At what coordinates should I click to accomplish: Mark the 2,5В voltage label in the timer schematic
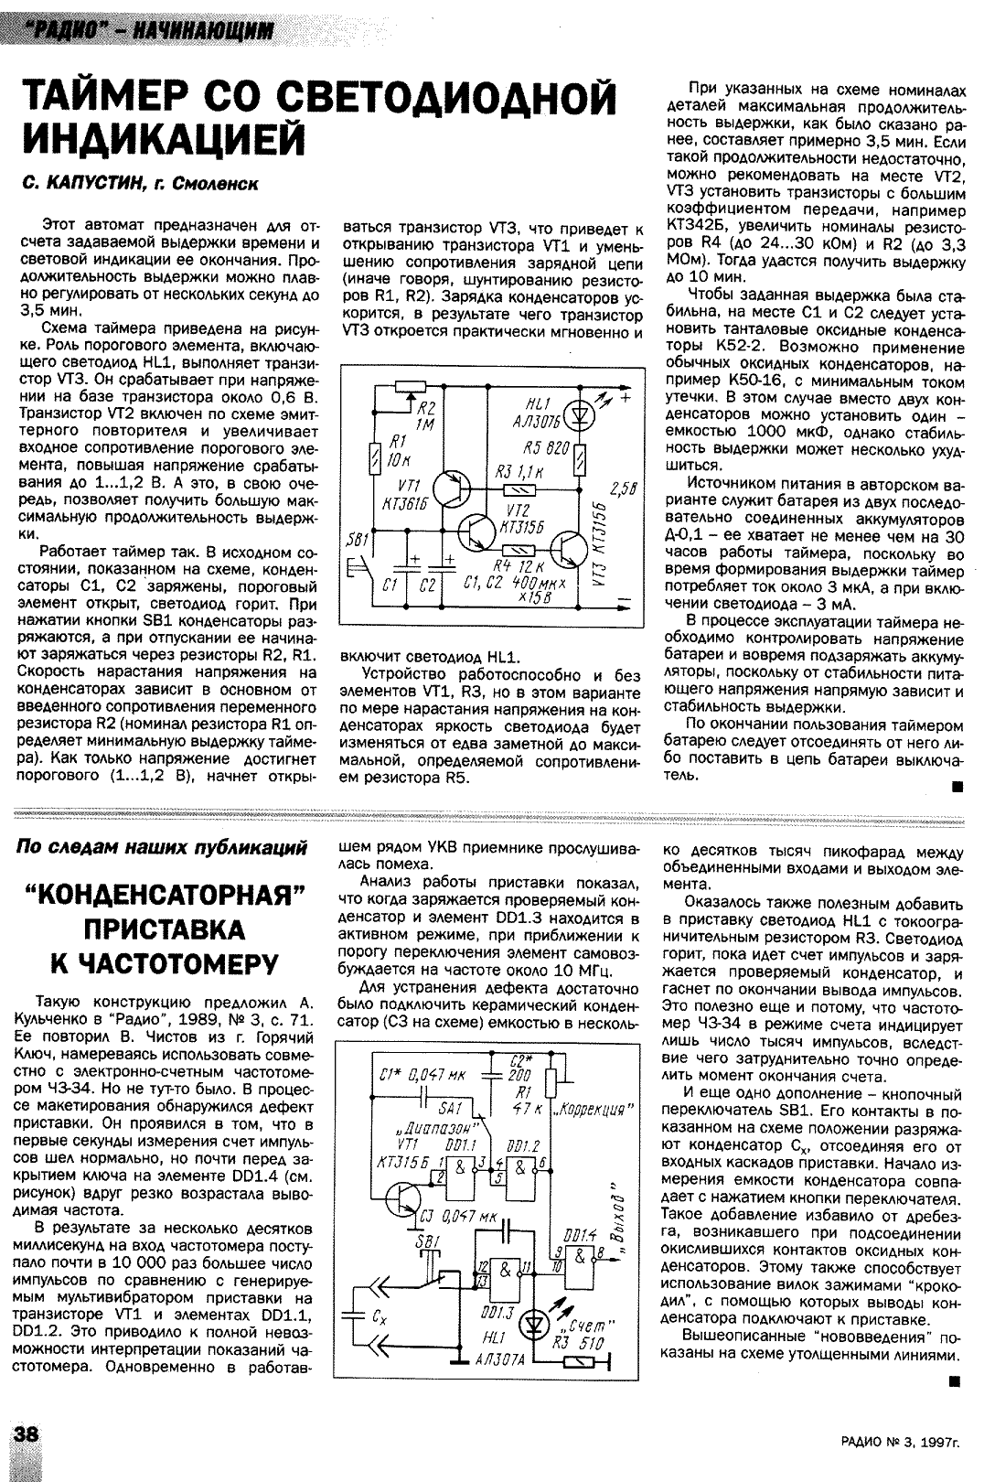[x=622, y=487]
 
